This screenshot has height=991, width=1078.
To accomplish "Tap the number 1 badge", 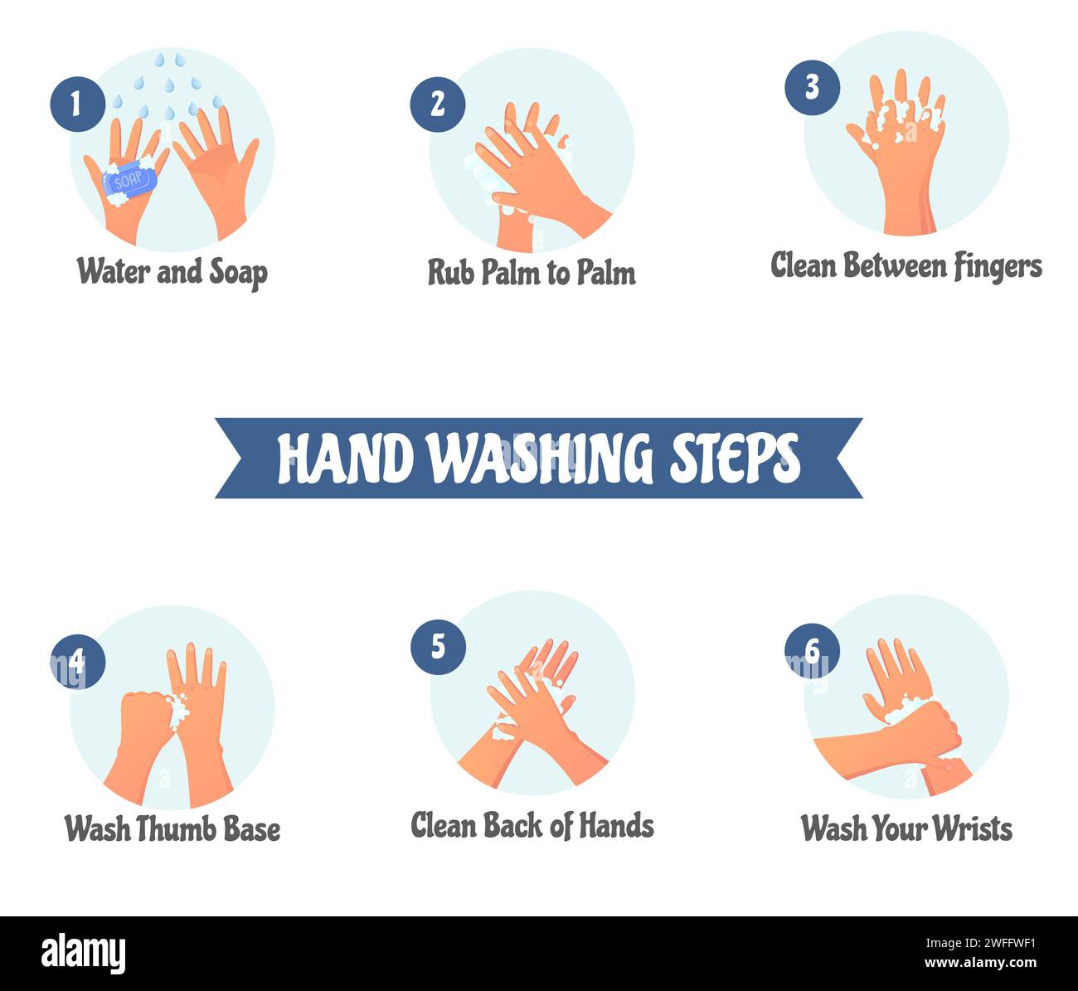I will point(77,104).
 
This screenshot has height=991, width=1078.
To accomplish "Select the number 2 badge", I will point(438,104).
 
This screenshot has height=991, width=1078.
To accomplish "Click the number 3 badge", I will point(812,87).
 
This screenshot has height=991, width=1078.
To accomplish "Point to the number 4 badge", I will point(77,661).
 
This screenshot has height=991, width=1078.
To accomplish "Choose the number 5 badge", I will point(438,647).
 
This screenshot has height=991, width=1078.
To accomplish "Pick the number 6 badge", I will point(812,651).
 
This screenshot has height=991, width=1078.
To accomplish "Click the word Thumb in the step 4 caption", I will point(172,828).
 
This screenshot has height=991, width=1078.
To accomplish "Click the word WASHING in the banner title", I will point(540,458).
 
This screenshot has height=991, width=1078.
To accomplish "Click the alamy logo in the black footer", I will point(83,954).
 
